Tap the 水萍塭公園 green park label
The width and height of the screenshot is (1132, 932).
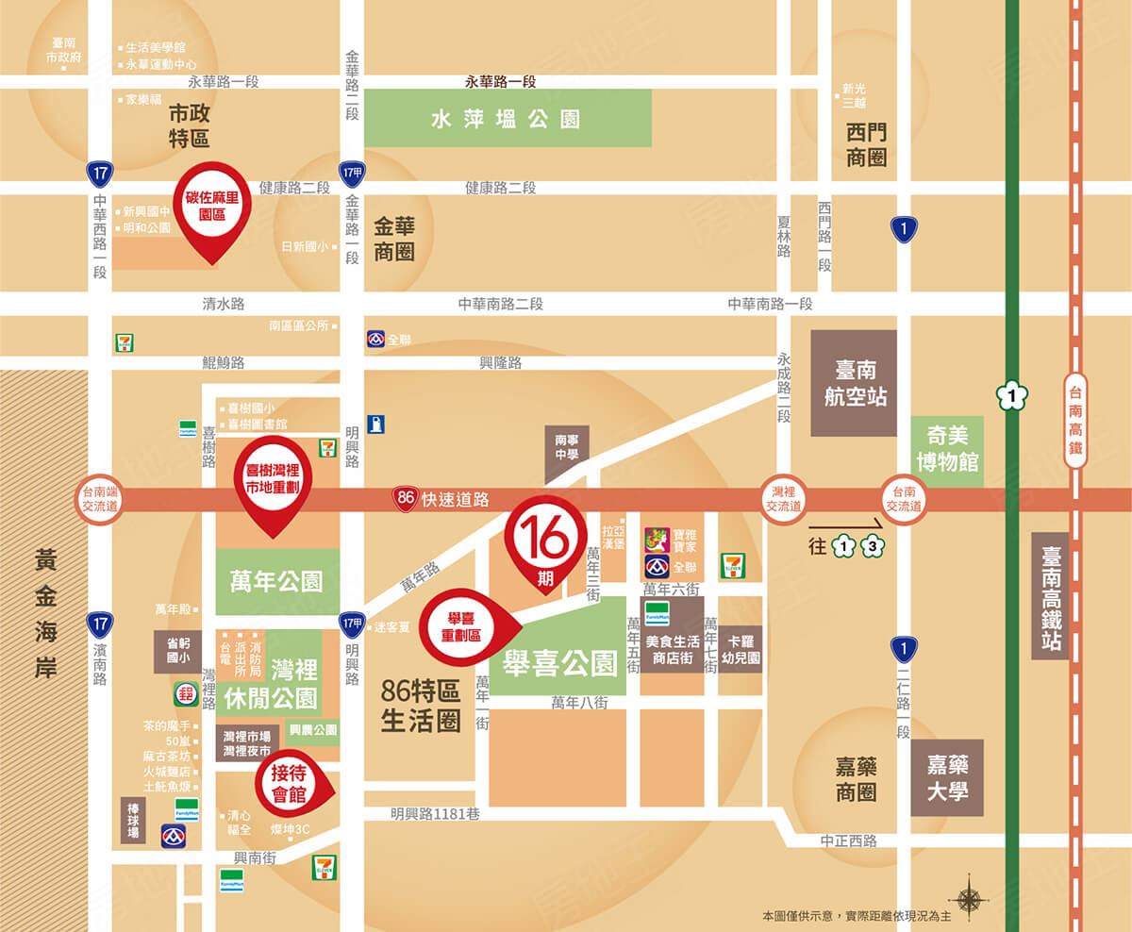[x=507, y=119]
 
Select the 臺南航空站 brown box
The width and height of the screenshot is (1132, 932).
[x=854, y=383]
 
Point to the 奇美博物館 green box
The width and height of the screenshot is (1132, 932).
[x=948, y=450]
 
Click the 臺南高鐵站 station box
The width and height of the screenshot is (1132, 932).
[x=1050, y=595]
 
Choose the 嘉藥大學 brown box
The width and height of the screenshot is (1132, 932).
[x=947, y=777]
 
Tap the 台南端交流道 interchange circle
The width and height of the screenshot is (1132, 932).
[x=100, y=499]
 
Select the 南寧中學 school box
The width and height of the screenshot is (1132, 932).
[x=566, y=454]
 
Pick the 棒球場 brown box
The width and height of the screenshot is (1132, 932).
[x=133, y=821]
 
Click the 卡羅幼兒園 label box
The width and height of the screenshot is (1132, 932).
[x=741, y=649]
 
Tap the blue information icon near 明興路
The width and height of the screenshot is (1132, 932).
[x=376, y=424]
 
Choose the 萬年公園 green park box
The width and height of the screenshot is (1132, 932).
[x=277, y=581]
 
